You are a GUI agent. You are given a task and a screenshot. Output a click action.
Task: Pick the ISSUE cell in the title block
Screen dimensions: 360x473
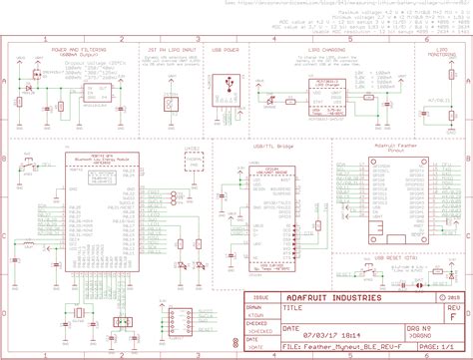(x=260, y=297)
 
